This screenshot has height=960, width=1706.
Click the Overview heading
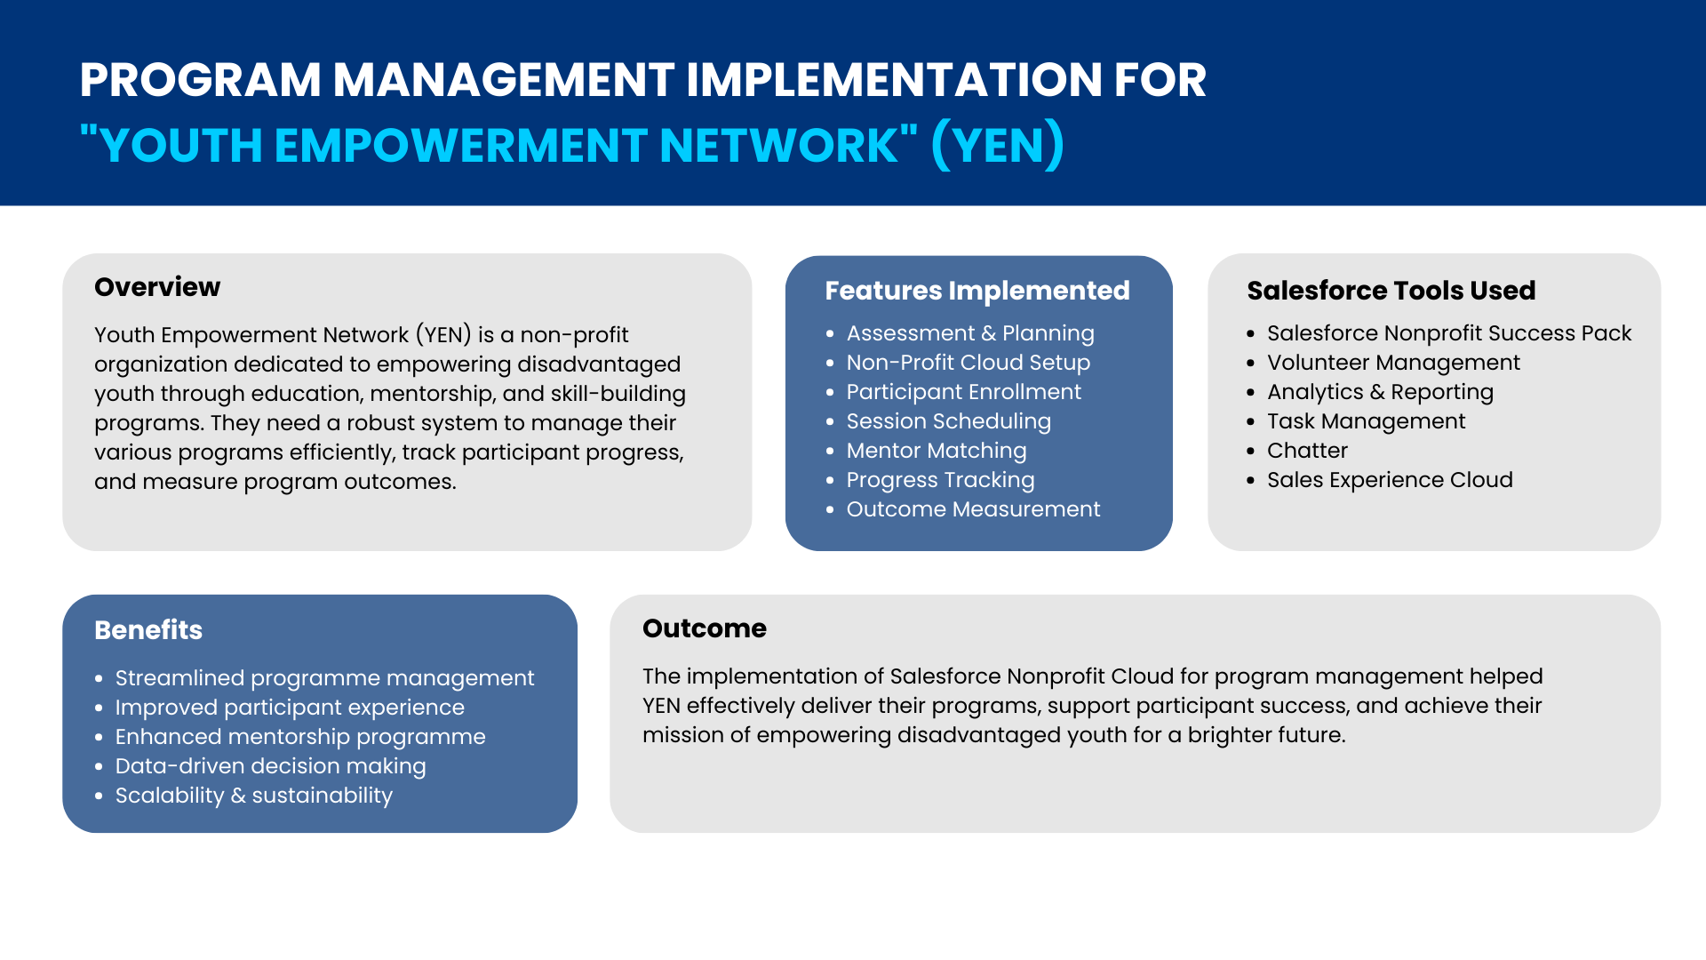157,287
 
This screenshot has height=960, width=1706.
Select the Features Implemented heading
977,291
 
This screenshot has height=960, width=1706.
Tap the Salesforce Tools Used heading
1391,291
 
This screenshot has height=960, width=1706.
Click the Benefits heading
148,630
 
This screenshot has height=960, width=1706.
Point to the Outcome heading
705,628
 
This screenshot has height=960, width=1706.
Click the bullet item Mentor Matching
937,451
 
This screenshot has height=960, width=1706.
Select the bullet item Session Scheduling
949,421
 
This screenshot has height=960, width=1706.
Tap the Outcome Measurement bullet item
973,509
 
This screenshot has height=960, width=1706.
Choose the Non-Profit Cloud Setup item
969,363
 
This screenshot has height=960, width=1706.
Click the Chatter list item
1307,451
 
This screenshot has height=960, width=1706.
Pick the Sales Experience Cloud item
1390,480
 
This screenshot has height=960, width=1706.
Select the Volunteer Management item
1393,363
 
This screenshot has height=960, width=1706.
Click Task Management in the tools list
1367,421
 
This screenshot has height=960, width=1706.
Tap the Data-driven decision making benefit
271,766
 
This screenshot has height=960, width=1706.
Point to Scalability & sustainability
254,796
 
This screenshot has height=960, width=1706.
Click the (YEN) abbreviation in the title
998,145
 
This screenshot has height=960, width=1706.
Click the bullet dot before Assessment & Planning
830,334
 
